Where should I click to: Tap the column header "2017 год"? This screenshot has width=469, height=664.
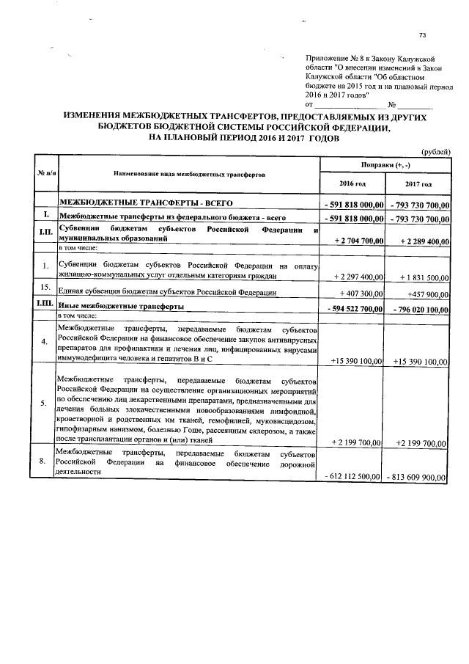pos(418,184)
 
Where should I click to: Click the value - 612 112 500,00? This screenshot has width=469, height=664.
pos(353,477)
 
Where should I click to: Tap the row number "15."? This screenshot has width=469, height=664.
pos(45,287)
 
